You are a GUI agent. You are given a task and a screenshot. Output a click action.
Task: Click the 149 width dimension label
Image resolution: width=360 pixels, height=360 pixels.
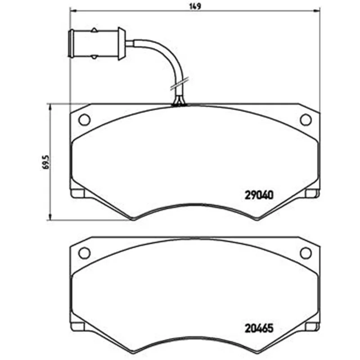click(x=195, y=6)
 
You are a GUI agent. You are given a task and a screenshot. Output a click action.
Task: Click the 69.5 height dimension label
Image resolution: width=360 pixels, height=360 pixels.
click(x=46, y=162)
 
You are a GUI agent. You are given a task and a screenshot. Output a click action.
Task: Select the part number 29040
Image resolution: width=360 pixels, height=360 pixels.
click(x=259, y=195)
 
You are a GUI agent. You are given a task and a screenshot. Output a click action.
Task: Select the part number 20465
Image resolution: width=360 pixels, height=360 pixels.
click(x=259, y=328)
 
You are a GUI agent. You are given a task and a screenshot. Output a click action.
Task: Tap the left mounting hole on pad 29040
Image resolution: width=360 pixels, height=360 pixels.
click(x=84, y=120)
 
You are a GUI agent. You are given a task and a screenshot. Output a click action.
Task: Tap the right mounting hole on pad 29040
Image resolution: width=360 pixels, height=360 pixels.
click(x=306, y=120)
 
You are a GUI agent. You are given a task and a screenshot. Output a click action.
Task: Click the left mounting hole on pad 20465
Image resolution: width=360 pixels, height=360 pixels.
click(x=84, y=253)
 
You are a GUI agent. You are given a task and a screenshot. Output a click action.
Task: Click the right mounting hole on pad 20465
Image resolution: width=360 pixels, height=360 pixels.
click(x=306, y=253)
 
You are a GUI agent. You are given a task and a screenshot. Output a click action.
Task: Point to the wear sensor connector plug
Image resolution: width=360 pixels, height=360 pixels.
click(x=97, y=44)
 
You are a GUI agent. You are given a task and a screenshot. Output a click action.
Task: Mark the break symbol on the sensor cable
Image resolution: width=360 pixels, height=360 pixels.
click(x=180, y=83)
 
